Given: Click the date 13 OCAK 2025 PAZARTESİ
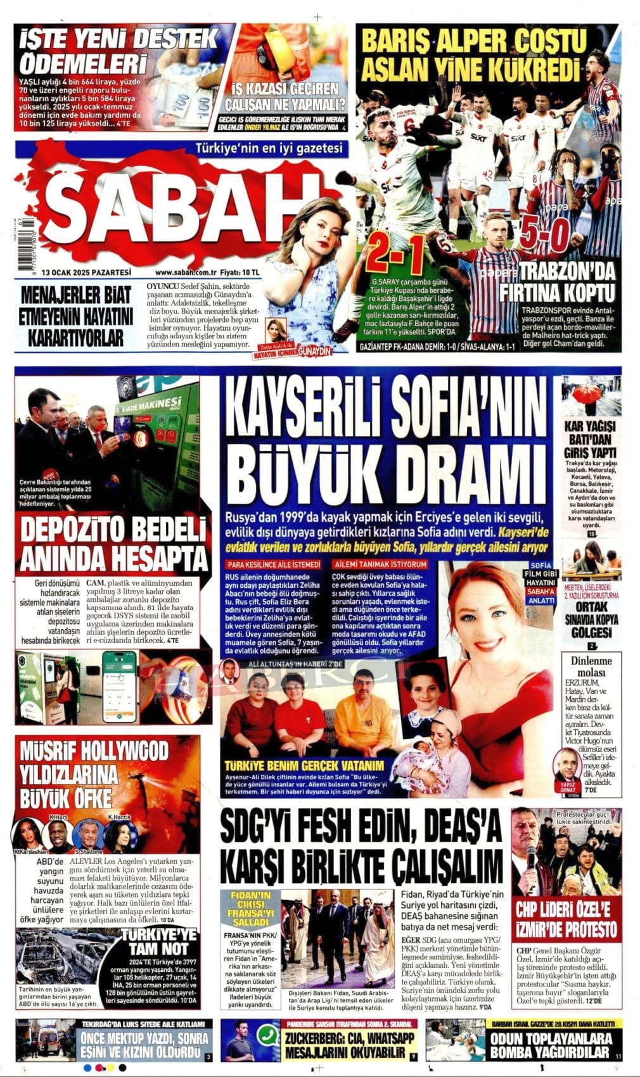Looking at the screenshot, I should (x=86, y=272).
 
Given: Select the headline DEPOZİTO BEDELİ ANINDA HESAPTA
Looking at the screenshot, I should (x=114, y=545).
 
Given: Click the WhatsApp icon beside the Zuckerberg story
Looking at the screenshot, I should (x=268, y=1035).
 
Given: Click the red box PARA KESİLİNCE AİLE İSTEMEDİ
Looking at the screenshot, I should (x=274, y=564).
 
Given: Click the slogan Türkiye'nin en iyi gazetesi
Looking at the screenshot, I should (x=269, y=149).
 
